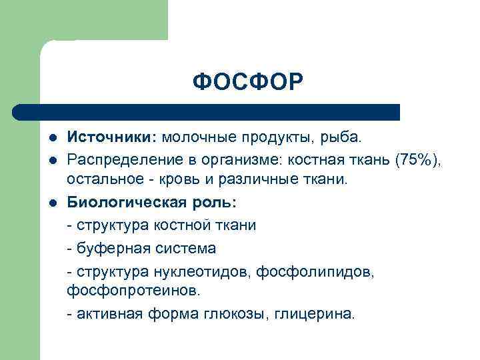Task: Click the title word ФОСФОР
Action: pos(247,83)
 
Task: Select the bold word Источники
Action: pos(111,138)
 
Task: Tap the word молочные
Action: pos(199,138)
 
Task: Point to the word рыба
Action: pos(342,138)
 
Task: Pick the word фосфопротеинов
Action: pos(123,291)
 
